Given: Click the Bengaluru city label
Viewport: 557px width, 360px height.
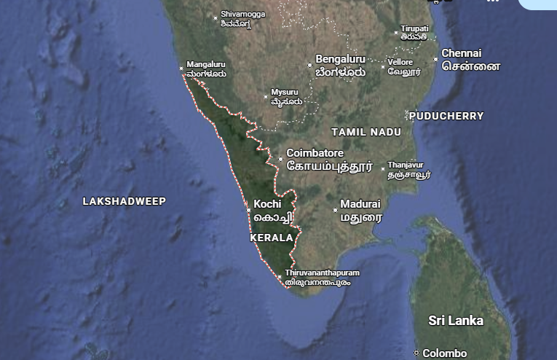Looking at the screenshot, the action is tap(340, 58).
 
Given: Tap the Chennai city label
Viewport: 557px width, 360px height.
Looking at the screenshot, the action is tap(462, 53).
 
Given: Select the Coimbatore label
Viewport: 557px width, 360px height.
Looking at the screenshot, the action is tap(315, 154).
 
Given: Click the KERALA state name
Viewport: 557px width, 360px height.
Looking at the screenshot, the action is tap(272, 238).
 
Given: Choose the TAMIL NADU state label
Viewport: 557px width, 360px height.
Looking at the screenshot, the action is tap(366, 132).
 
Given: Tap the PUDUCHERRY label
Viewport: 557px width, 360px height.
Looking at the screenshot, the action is tap(446, 116).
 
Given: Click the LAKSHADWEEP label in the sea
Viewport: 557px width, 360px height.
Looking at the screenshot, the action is tap(124, 201).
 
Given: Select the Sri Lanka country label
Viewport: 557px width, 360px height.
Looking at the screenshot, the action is tap(456, 321).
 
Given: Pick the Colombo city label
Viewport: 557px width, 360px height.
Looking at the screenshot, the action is tap(444, 353).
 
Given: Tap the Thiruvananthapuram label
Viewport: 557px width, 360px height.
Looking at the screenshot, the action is tap(323, 273).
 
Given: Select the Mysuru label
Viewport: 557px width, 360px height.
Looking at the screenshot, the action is tap(285, 93).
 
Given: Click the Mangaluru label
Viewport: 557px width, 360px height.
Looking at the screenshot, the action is tap(206, 64).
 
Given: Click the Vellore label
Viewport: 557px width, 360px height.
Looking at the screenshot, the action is tap(400, 62).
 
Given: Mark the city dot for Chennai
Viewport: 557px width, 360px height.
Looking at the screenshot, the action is tap(435, 59).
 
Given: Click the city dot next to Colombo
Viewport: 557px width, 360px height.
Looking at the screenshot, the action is tap(416, 353).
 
